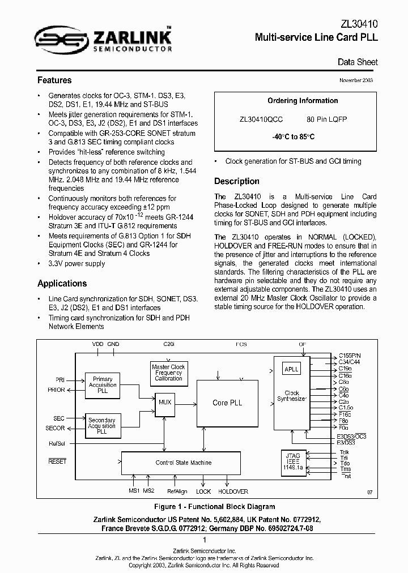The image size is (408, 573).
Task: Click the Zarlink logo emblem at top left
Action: pos(56,39)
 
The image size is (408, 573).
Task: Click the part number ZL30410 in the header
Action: pos(356,24)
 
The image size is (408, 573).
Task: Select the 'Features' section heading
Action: pos(54,80)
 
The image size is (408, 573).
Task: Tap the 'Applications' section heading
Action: pos(62,284)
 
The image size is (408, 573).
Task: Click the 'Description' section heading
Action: pos(236,182)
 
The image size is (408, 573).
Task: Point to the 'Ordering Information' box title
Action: pos(295,101)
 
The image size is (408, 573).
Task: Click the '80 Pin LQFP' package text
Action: pos(326,120)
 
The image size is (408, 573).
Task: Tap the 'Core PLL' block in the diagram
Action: pos(227,403)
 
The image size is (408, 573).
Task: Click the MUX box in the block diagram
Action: pos(165,402)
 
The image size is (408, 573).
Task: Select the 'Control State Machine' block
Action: pos(184,463)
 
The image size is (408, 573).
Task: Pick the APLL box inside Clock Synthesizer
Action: pos(291,369)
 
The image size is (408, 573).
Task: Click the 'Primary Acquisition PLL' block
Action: pos(103,385)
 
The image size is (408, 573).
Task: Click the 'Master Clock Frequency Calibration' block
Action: pos(168,373)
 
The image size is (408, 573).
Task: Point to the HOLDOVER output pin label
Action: pos(233,491)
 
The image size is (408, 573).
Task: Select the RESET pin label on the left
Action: pos(57,461)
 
